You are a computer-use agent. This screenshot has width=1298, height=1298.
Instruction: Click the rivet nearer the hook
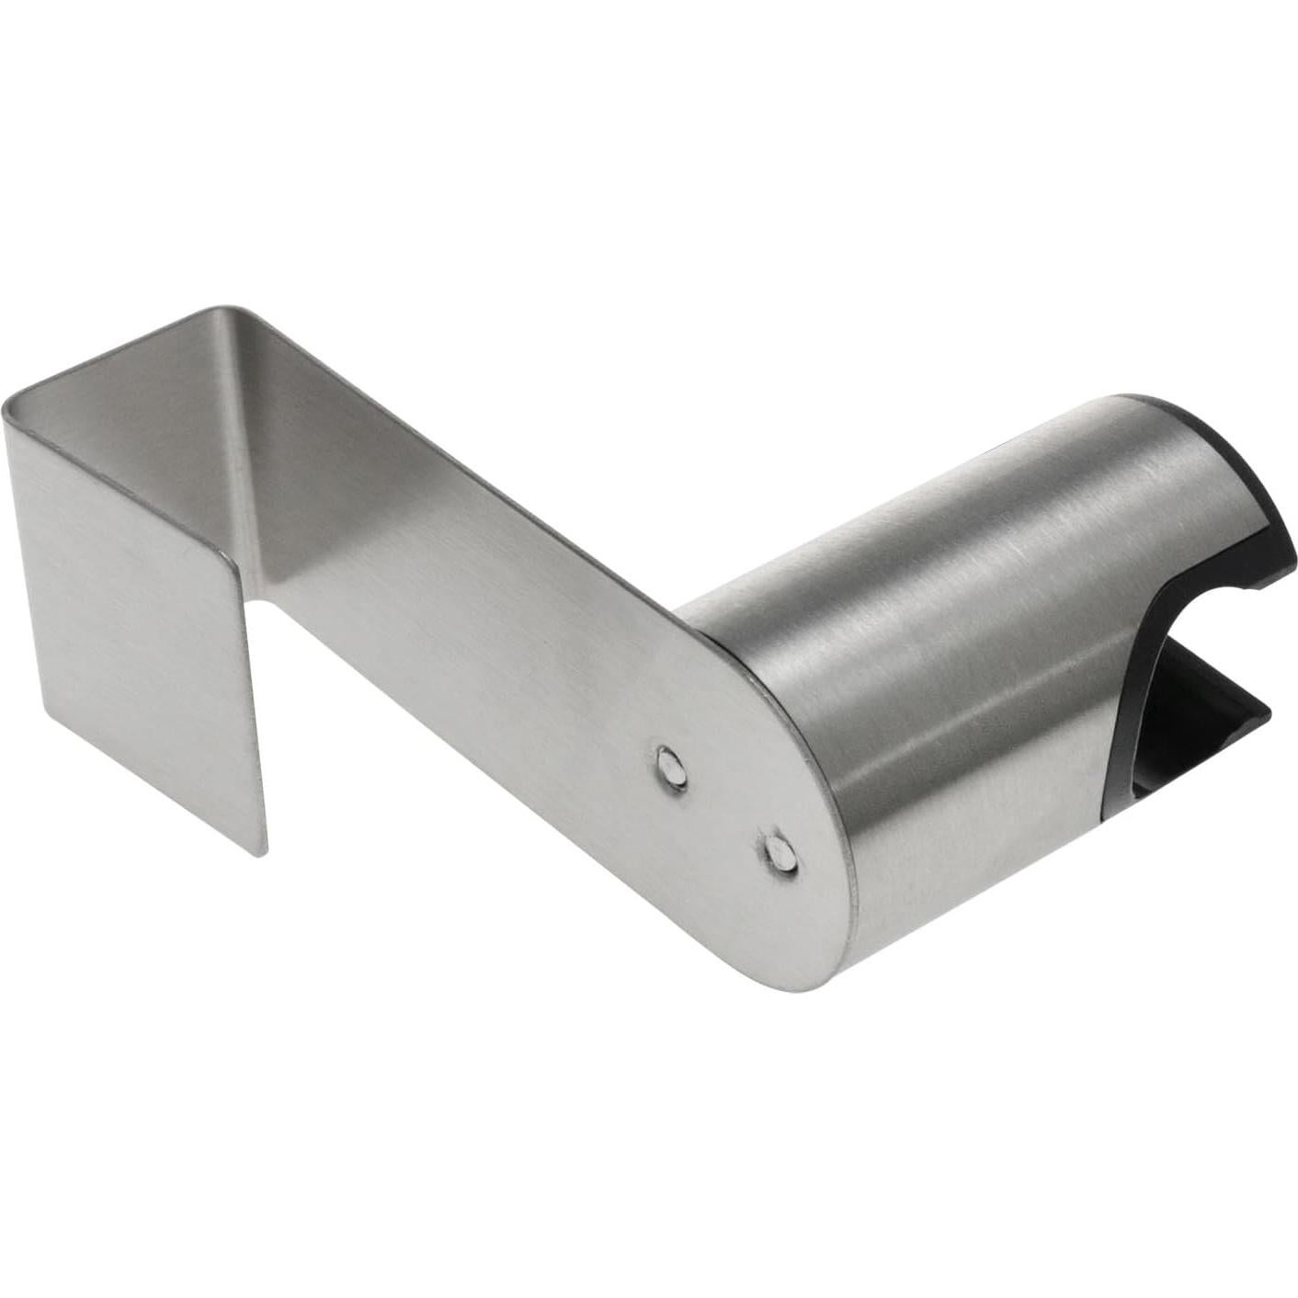(x=672, y=767)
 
